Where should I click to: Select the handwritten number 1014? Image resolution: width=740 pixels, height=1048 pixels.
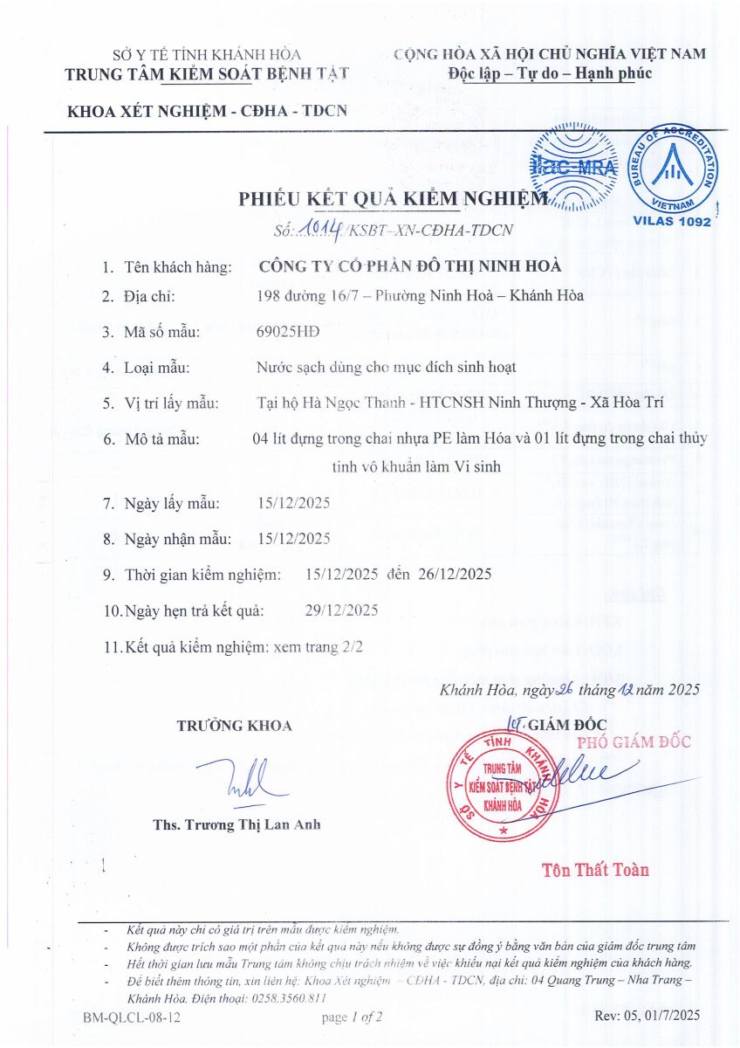[321, 229]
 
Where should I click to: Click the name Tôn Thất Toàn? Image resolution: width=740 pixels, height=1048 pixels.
[595, 870]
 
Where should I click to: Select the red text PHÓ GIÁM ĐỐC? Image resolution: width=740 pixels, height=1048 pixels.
[635, 742]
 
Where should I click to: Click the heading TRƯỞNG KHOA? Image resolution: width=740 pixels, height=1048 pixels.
[235, 726]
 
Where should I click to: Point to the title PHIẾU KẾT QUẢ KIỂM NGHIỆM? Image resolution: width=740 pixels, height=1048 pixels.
[394, 199]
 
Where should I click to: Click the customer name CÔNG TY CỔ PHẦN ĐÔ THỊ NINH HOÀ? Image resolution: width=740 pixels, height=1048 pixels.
[410, 267]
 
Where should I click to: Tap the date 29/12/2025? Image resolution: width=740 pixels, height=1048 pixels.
[341, 610]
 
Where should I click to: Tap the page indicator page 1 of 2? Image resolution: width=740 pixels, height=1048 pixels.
[353, 1017]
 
